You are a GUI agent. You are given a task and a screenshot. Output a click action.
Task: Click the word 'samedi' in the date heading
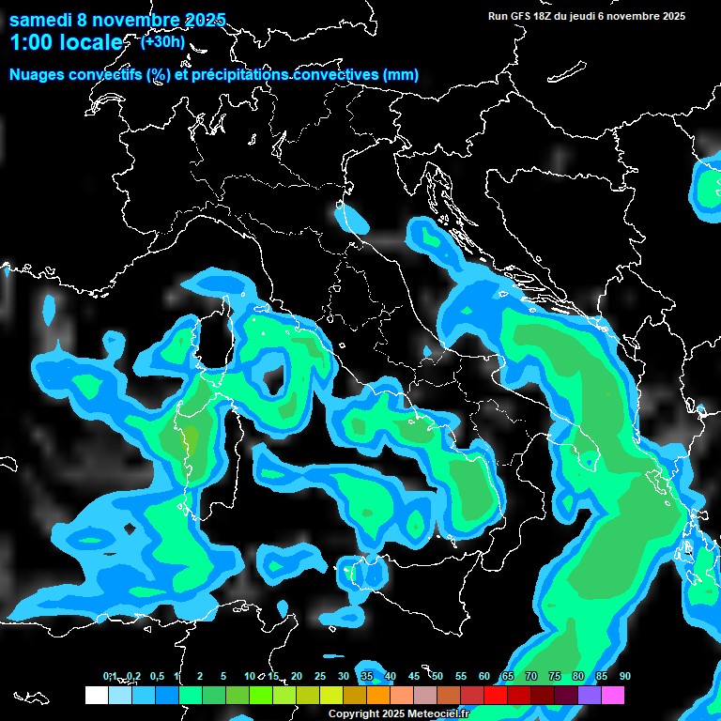click(40, 20)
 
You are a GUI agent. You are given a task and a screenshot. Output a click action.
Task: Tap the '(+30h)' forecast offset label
click(161, 41)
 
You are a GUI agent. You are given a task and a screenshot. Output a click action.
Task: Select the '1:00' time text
click(30, 42)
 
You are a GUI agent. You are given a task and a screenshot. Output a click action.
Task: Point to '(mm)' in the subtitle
click(400, 75)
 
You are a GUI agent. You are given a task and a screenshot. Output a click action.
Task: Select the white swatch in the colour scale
click(97, 696)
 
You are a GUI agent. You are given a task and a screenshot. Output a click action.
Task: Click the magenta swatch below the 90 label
click(613, 696)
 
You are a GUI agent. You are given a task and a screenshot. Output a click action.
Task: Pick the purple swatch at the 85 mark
click(590, 696)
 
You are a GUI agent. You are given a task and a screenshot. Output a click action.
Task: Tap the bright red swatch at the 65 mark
click(496, 696)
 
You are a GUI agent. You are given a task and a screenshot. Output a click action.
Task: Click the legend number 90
click(625, 677)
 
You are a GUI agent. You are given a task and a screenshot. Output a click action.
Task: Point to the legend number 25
click(320, 677)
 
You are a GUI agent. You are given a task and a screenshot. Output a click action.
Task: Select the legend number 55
click(461, 677)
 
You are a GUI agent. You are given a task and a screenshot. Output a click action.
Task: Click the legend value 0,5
click(156, 677)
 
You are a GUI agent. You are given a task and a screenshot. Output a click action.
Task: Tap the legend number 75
click(555, 677)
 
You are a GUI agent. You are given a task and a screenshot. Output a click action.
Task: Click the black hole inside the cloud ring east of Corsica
click(273, 376)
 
